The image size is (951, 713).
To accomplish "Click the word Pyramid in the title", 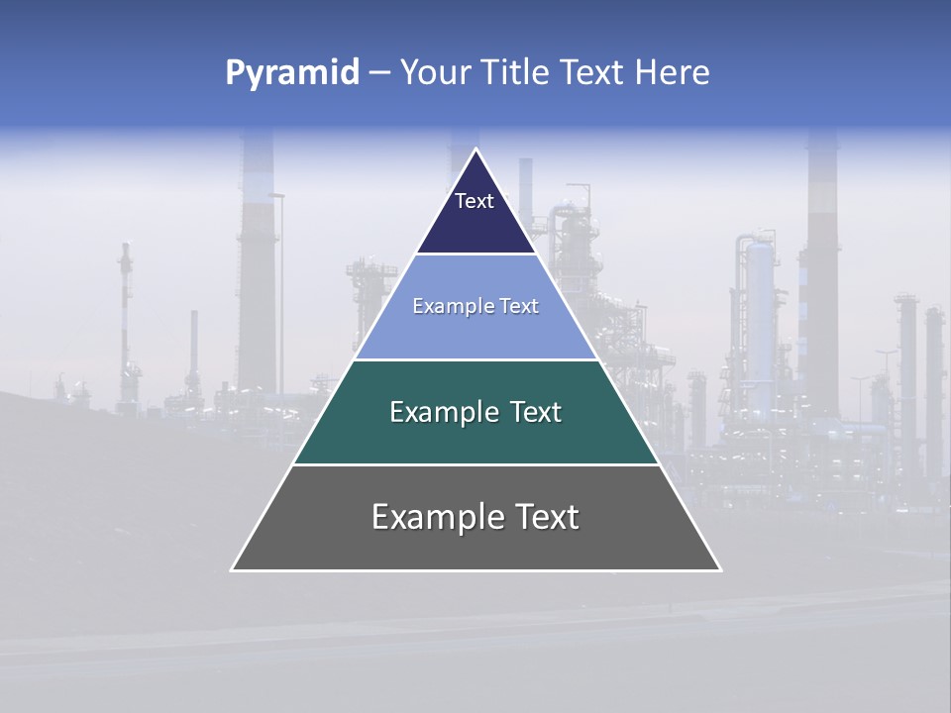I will click(x=292, y=73).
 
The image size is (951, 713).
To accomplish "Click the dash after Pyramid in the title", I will click(x=379, y=73).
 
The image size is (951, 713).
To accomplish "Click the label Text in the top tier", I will click(x=475, y=201).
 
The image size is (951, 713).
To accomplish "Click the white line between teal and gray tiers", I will click(x=475, y=464).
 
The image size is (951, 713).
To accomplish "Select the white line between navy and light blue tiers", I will click(x=476, y=254).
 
